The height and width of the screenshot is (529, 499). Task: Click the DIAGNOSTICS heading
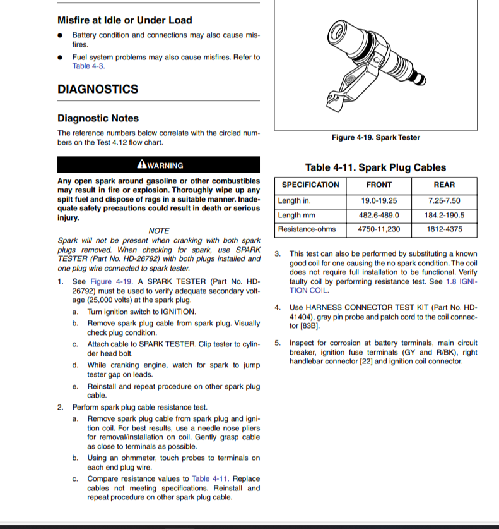(x=98, y=89)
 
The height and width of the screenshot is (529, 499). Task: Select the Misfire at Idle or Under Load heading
(x=124, y=20)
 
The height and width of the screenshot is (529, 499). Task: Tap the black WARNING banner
(x=158, y=165)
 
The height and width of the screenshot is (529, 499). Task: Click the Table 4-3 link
(x=88, y=66)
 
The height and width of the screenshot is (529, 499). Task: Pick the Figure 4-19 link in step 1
(x=111, y=281)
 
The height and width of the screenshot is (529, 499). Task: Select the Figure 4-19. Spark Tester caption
(x=375, y=137)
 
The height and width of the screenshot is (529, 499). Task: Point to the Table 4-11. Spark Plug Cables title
(x=375, y=167)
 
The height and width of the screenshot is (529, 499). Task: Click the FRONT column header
(x=379, y=185)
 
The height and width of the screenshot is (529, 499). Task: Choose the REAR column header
(x=444, y=185)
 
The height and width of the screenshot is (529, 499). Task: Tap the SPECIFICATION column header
(x=310, y=185)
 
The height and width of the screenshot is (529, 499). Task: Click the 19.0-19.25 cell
(x=379, y=201)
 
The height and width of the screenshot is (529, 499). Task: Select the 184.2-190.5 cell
(x=444, y=215)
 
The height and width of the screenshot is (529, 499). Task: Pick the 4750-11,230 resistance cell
(x=379, y=229)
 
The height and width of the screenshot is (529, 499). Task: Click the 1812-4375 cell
(x=444, y=229)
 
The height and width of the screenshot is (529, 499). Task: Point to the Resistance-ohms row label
(x=307, y=229)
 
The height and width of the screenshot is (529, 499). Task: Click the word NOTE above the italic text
(x=158, y=231)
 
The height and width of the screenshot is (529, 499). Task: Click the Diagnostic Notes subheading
(x=98, y=118)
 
